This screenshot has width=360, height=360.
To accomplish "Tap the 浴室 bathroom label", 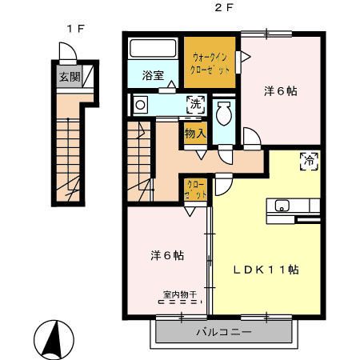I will (153, 76).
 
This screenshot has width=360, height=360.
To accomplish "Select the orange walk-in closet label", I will (211, 63).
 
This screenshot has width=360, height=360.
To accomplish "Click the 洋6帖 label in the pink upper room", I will (281, 91).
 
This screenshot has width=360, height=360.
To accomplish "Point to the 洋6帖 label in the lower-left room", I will (167, 256).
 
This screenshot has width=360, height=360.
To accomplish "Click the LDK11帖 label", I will (266, 270).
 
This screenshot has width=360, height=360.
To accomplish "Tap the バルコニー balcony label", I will (224, 330).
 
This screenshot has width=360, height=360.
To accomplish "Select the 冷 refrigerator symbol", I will (308, 161).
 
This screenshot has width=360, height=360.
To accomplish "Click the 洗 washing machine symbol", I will (195, 102).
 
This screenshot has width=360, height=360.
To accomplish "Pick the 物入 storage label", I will (195, 134).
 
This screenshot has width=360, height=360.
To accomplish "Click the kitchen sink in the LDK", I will (282, 206).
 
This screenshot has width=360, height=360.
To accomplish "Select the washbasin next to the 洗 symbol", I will (141, 105).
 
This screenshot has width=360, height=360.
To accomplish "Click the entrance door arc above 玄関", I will (67, 53).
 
